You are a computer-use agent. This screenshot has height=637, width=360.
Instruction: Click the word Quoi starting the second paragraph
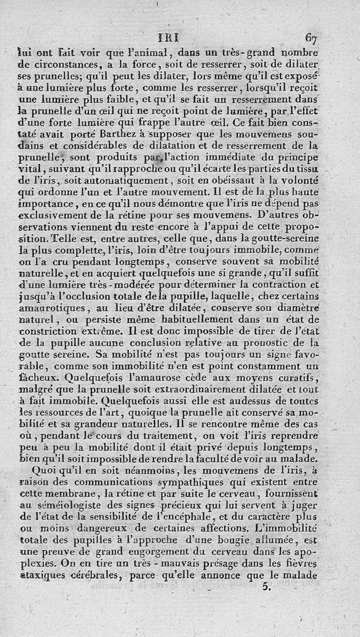tap(45, 471)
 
